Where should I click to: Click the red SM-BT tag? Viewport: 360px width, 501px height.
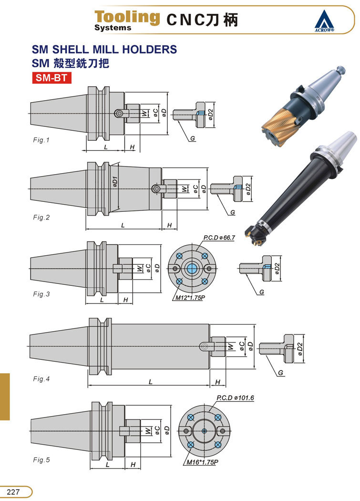[x=51, y=78]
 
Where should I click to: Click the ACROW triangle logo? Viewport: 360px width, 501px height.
[x=326, y=21]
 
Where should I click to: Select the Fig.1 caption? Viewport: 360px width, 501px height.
[x=41, y=140]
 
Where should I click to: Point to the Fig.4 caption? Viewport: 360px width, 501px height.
[x=41, y=379]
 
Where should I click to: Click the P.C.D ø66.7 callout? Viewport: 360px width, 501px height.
[x=219, y=238]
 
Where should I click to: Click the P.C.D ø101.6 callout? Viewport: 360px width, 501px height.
[x=235, y=397]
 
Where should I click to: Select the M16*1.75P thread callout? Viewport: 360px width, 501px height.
[x=203, y=462]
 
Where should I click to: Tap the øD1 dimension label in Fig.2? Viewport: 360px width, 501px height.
[x=115, y=182]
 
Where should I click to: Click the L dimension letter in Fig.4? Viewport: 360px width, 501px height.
[x=151, y=382]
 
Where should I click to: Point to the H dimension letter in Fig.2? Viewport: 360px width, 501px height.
[x=169, y=225]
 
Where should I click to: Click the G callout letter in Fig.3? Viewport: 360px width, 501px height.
[x=262, y=291]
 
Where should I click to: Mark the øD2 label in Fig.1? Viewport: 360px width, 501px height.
[x=210, y=114]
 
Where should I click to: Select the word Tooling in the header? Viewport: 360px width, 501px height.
[x=127, y=17]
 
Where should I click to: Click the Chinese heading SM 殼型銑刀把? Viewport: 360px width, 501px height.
[x=70, y=63]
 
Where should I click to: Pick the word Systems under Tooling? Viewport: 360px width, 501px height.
[x=113, y=28]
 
